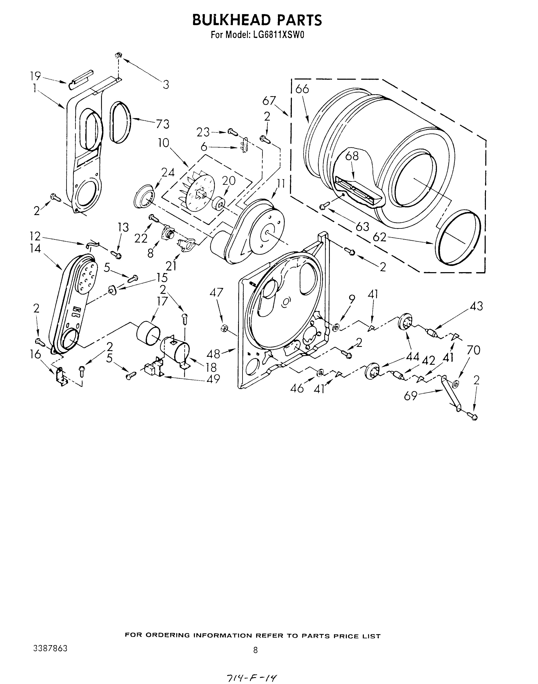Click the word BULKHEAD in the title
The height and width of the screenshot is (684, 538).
pos(231,20)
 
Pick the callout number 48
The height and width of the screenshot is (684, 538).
pos(213,354)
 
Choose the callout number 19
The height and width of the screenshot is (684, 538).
pos(35,76)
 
